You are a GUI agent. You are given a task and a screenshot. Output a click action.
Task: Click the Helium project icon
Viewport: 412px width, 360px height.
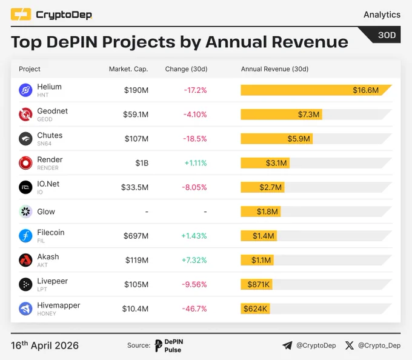25,90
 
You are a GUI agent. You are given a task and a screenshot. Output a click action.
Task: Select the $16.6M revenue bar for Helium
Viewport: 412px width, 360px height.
316,90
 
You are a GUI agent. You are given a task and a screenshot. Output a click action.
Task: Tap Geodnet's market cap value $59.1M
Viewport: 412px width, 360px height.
136,115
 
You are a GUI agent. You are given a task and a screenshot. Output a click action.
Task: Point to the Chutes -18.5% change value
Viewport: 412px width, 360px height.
195,139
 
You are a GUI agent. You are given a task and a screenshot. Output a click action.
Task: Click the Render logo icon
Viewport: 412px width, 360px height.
25,163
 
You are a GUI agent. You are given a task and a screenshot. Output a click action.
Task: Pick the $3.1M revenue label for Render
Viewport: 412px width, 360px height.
276,163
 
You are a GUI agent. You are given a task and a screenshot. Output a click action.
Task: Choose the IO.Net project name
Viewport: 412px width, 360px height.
48,184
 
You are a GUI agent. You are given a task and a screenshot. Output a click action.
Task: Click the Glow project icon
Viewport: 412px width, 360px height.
25,212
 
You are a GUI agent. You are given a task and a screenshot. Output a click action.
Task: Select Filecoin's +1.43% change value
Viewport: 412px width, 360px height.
194,236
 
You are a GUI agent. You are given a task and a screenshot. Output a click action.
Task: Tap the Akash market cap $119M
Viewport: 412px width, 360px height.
137,260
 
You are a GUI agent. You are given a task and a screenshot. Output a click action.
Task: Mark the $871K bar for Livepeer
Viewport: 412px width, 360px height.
256,284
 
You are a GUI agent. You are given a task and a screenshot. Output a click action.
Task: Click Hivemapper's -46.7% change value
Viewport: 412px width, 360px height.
194,308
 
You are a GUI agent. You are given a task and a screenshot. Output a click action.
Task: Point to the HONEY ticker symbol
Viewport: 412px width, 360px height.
47,314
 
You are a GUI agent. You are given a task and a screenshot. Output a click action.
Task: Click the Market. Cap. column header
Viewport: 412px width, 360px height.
128,69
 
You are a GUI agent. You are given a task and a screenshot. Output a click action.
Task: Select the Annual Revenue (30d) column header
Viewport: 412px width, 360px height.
275,69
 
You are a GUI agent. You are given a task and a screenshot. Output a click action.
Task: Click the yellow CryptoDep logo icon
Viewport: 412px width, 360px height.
21,14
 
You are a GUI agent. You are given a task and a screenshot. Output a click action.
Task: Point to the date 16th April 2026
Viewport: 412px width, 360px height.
45,345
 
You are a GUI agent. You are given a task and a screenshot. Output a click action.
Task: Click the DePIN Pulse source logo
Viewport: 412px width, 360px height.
169,345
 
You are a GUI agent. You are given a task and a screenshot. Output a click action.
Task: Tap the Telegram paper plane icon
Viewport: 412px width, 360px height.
287,345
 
